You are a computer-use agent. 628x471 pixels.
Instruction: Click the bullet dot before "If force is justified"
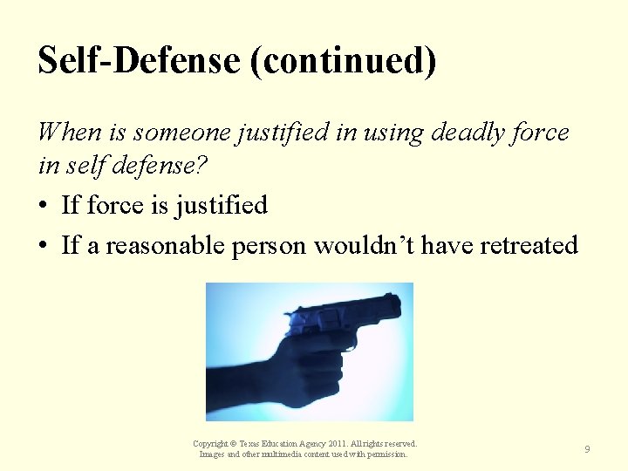pyautogui.click(x=44, y=207)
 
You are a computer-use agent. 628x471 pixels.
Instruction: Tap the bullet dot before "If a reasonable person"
pyautogui.click(x=44, y=247)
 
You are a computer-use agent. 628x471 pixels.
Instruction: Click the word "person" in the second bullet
pyautogui.click(x=269, y=247)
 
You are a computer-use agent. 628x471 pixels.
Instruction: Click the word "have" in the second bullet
pyautogui.click(x=439, y=245)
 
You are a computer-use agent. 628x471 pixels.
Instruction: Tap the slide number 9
pyautogui.click(x=587, y=449)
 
